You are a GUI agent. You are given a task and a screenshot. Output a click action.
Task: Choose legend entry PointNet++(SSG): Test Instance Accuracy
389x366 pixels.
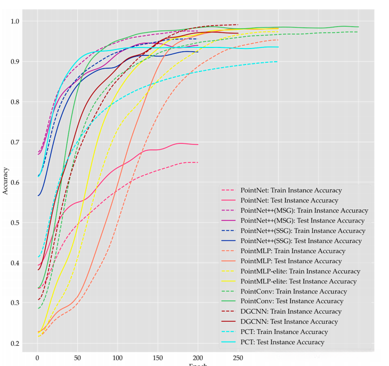point(301,241)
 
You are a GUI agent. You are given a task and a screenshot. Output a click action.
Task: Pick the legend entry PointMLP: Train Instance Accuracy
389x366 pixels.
point(293,251)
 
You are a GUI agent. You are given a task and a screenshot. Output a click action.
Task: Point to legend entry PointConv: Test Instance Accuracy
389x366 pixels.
point(292,302)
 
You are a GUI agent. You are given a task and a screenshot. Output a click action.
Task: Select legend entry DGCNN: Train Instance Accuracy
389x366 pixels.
point(291,312)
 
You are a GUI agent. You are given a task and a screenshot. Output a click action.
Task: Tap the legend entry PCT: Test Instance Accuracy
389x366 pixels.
point(282,342)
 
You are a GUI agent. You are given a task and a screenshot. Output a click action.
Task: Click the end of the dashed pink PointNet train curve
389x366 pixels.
point(198,162)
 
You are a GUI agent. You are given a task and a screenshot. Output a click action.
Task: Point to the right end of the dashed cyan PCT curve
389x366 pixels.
point(278,62)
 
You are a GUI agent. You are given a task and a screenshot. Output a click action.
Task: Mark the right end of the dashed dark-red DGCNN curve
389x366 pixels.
point(238,25)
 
